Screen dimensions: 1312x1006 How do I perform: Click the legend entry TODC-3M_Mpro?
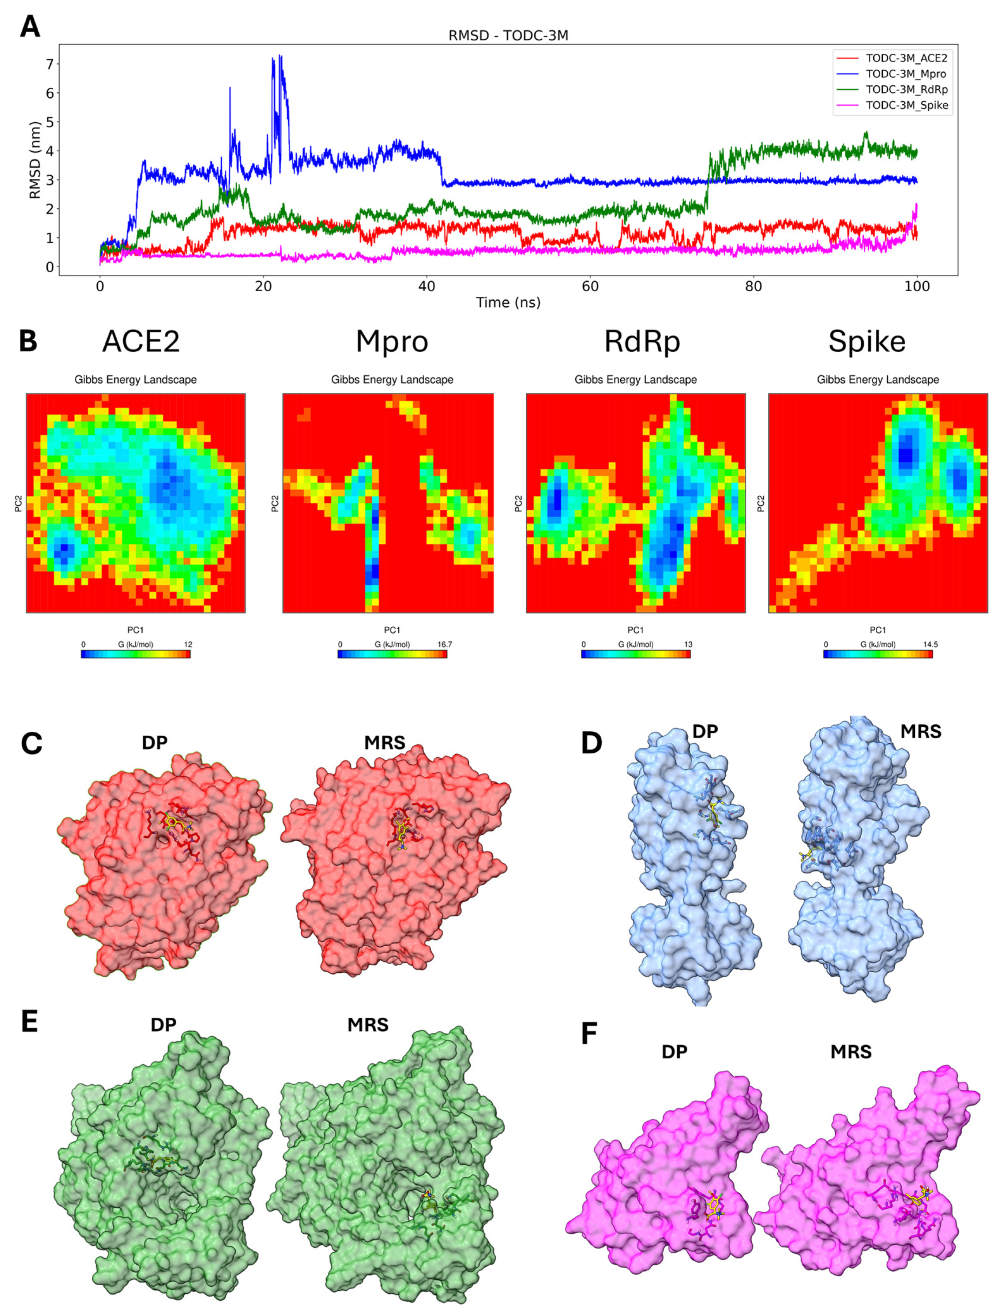[906, 74]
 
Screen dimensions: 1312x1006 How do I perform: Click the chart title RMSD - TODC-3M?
[508, 36]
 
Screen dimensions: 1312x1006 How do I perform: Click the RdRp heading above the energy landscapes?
[642, 342]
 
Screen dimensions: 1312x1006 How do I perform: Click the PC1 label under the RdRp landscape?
[635, 630]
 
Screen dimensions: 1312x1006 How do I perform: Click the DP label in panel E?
[163, 1025]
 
